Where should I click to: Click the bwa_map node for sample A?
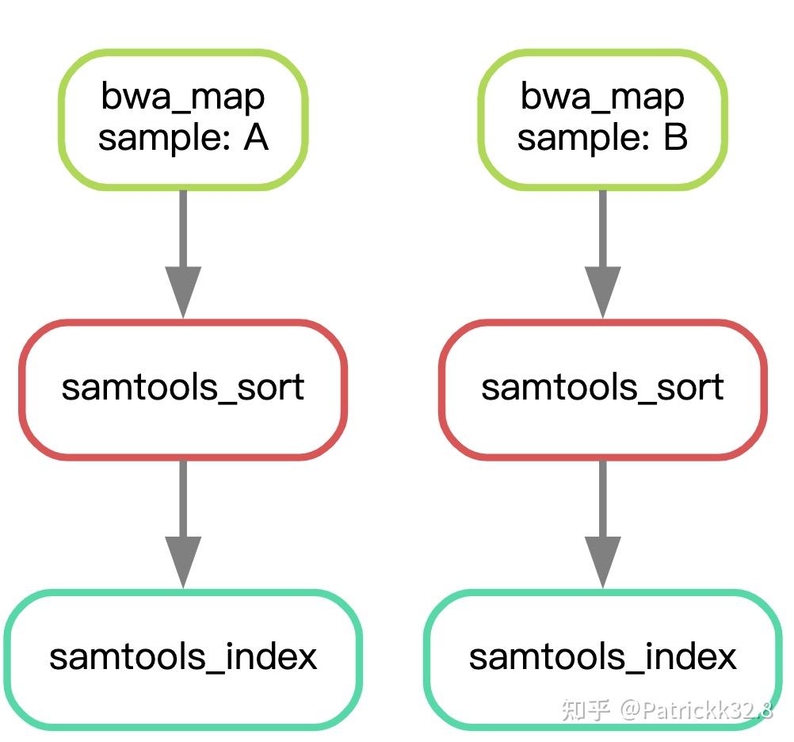click(182, 119)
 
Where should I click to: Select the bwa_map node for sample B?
click(602, 119)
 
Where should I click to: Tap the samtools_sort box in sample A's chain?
click(182, 388)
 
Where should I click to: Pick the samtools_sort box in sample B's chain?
click(602, 388)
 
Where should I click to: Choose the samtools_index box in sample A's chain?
click(182, 658)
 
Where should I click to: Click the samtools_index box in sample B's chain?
click(602, 658)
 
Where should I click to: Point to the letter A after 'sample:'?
click(255, 138)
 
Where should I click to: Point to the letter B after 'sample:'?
click(675, 138)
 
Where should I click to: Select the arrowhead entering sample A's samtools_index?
click(182, 561)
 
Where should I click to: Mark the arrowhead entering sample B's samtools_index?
click(602, 561)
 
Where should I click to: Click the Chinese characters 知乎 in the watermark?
click(586, 709)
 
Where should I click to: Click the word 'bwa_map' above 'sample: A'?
click(182, 98)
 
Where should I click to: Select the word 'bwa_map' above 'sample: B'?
click(602, 98)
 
